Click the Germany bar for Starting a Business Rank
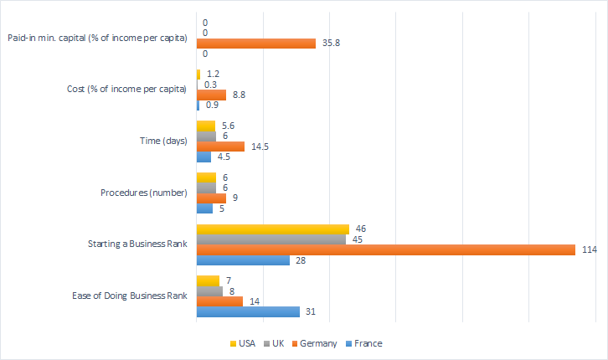pos(385,249)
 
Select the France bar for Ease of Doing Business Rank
pos(248,311)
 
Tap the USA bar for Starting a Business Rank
pos(272,229)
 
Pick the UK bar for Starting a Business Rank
pos(271,239)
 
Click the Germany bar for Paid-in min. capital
pos(255,43)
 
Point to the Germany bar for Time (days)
pos(220,147)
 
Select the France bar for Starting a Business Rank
pos(243,260)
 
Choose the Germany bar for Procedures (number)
pos(211,198)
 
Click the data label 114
pos(590,249)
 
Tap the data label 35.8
pos(329,43)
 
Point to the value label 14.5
pos(259,147)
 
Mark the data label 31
pos(310,311)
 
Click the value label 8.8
pos(239,95)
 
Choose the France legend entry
pos(367,343)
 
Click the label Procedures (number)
pos(143,193)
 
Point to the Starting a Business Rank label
pos(137,244)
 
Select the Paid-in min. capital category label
pos(96,38)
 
